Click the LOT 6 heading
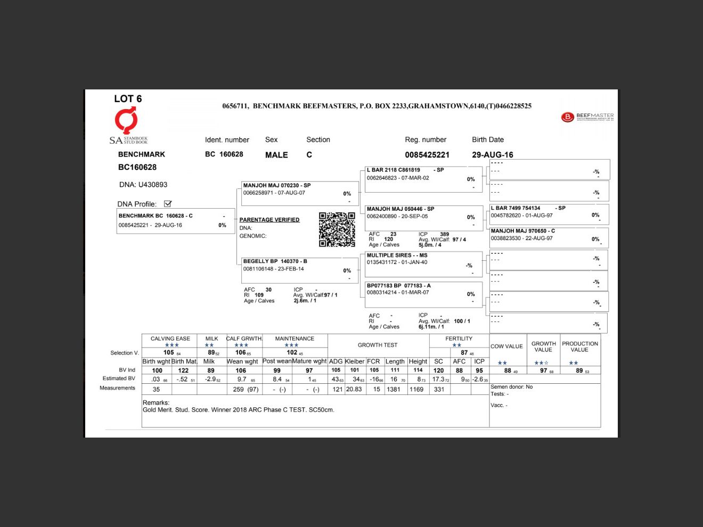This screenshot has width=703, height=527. [x=128, y=99]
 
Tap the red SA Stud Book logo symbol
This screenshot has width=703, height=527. [x=126, y=121]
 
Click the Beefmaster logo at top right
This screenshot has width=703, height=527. [x=587, y=117]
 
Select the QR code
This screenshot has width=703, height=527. [x=337, y=229]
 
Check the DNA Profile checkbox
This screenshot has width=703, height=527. [x=168, y=204]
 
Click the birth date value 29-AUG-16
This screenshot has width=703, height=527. [x=492, y=155]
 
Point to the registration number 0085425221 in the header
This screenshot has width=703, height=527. [x=427, y=155]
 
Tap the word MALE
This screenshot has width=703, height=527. [x=276, y=155]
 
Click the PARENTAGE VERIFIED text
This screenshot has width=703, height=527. [x=269, y=220]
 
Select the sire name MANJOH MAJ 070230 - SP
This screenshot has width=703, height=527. [x=277, y=186]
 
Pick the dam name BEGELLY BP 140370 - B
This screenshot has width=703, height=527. [x=275, y=261]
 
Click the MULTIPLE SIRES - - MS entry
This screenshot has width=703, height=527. [x=397, y=256]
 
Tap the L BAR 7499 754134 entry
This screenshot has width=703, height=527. [x=516, y=208]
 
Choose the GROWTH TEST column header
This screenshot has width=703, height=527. [x=378, y=345]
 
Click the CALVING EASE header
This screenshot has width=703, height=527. [x=170, y=339]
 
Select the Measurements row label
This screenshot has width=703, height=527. [x=117, y=388]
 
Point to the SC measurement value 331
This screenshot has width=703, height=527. [x=439, y=389]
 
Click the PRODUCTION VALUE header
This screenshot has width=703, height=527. [x=579, y=347]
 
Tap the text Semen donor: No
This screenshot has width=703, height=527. [x=511, y=387]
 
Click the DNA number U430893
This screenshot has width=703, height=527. [x=153, y=185]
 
